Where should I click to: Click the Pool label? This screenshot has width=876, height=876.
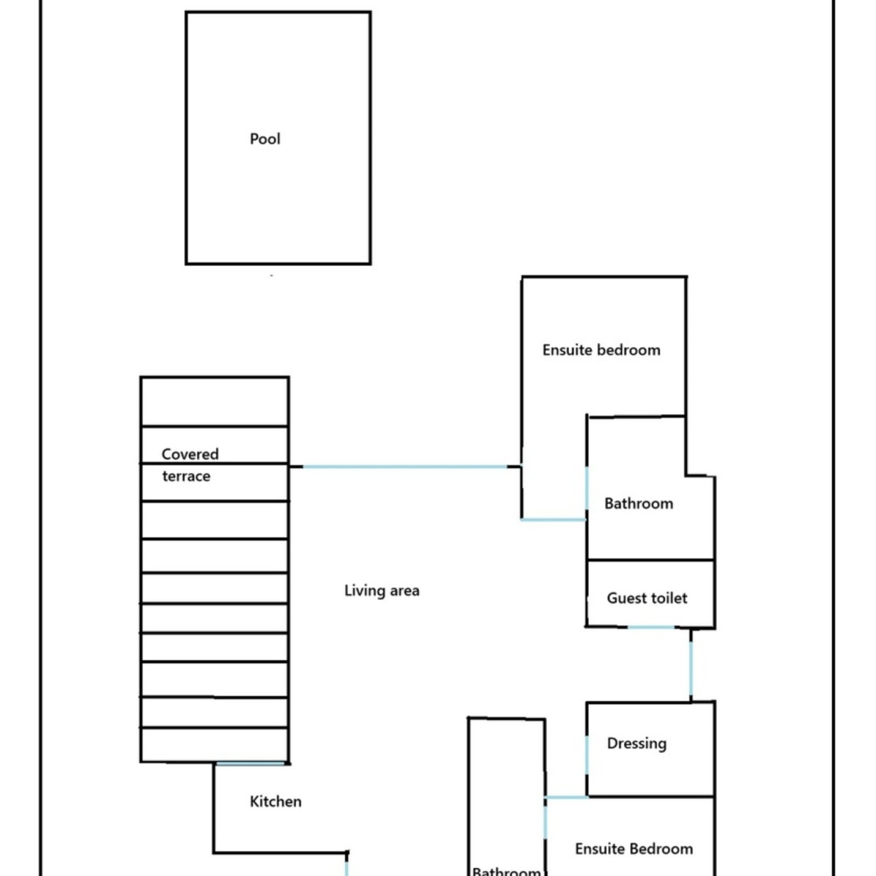coord(265,139)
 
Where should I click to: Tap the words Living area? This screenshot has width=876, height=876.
coord(382,591)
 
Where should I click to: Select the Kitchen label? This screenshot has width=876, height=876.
coord(275,802)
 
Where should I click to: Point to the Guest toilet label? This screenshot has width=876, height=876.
coord(647,598)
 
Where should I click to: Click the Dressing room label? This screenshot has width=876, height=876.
coord(637,744)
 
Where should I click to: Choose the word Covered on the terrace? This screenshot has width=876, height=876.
coord(190,454)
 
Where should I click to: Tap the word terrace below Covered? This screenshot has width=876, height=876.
coord(186,476)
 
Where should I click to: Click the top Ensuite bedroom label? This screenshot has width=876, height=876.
coord(601,350)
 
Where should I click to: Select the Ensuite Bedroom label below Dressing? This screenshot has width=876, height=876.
coord(634,849)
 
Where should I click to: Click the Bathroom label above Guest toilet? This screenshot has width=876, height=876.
coord(638,503)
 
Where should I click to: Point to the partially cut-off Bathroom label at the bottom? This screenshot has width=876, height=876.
coord(506,871)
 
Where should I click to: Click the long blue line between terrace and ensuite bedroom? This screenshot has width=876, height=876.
coord(405,466)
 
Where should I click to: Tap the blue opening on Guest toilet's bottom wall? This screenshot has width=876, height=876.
coord(650,627)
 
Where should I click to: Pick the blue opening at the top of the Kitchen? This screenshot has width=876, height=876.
coord(251,763)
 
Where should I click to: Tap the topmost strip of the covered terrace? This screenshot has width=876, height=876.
coord(215,401)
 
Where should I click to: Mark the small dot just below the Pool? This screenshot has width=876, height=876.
coord(272,275)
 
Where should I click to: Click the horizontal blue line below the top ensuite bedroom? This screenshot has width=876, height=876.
coord(553,519)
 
